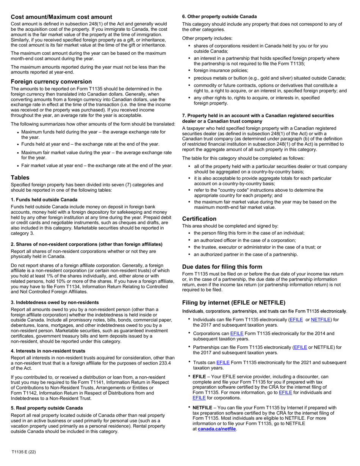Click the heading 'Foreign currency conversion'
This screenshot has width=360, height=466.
coord(51,81)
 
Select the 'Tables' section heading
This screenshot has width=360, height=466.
coord(20,177)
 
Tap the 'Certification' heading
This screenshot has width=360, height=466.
coord(199,219)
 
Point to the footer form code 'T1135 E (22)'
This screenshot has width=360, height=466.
coord(24,452)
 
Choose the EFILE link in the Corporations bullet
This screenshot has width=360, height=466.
coord(237,333)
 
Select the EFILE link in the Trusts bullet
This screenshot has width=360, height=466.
coord(223,363)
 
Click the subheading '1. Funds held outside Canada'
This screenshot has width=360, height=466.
coord(44,200)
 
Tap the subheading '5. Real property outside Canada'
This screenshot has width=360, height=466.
coord(47,408)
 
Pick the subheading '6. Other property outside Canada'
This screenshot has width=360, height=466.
coord(219,17)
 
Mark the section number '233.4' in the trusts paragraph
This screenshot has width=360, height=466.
coord(165,363)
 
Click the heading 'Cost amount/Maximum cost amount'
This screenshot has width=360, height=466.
coord(61,17)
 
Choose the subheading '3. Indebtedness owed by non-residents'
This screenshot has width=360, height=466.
coord(55,302)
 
